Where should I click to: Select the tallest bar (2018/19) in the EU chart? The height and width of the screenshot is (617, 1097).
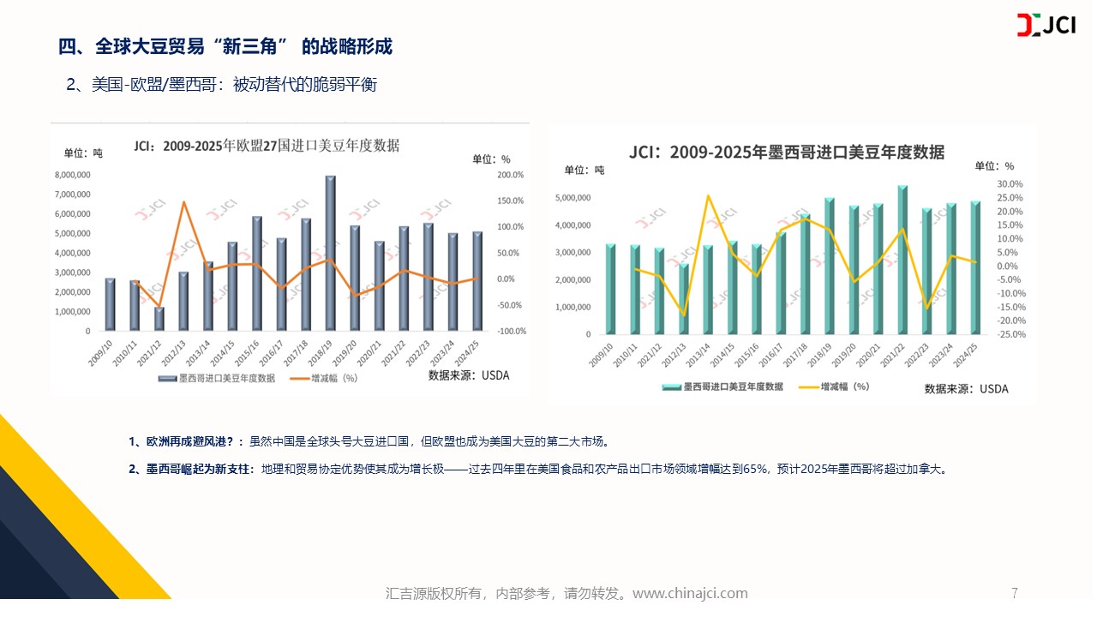click(x=330, y=254)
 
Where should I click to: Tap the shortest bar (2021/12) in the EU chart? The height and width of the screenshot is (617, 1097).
click(x=159, y=319)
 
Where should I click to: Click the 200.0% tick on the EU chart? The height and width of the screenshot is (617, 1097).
click(x=510, y=175)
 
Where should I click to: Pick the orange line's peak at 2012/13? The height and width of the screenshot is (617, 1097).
click(x=183, y=202)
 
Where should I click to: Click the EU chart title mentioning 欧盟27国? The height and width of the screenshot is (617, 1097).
click(x=267, y=146)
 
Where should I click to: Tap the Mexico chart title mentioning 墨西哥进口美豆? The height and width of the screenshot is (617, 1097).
click(x=786, y=153)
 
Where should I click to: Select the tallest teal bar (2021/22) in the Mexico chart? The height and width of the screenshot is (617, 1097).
click(x=902, y=260)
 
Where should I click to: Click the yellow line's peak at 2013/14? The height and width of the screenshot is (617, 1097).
click(x=708, y=195)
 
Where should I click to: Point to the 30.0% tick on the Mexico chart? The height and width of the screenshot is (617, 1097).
click(x=1010, y=184)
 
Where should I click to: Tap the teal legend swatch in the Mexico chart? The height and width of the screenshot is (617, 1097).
click(x=671, y=387)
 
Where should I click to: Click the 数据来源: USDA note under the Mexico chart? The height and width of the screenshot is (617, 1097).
click(x=966, y=389)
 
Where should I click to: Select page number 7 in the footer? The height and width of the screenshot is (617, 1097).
click(x=1015, y=593)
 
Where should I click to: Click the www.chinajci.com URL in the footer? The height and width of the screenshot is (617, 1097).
click(x=690, y=593)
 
